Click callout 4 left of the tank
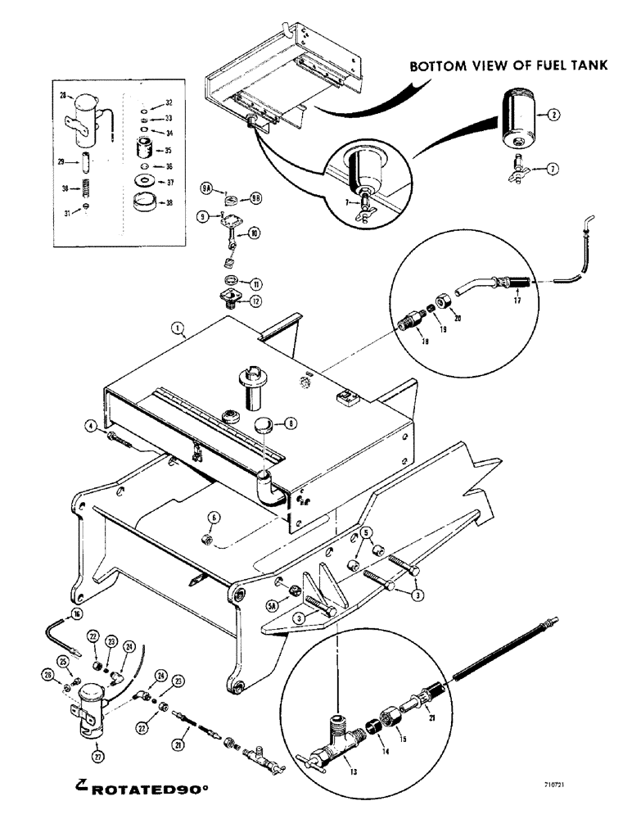93,424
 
